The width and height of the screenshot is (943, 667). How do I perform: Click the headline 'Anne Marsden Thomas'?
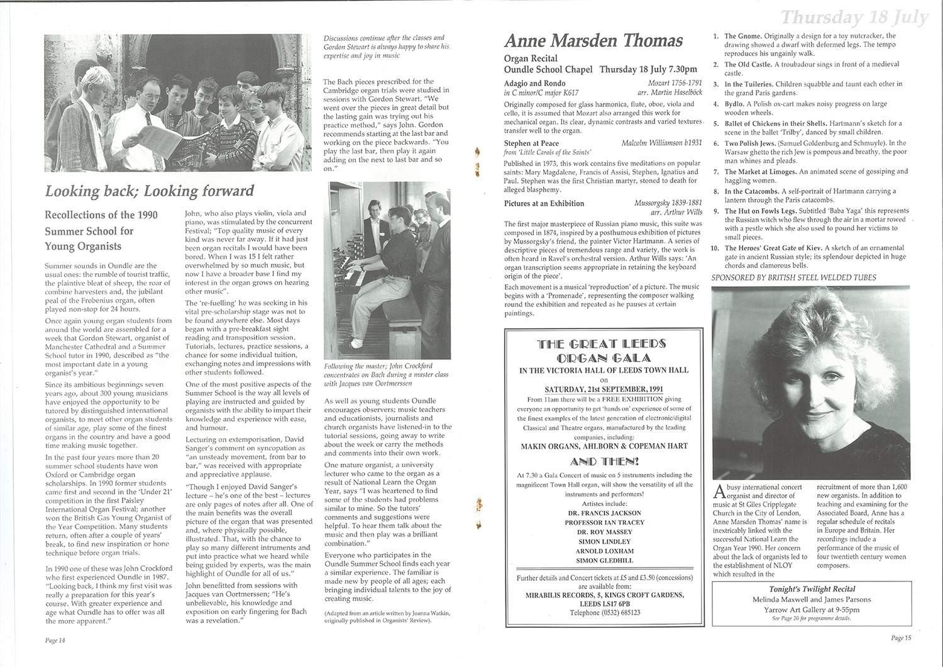pyautogui.click(x=593, y=42)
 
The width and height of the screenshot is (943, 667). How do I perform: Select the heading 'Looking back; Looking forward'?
pyautogui.click(x=149, y=191)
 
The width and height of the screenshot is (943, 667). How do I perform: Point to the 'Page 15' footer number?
pyautogui.click(x=901, y=638)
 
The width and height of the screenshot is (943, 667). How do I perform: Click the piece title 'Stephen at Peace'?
pyautogui.click(x=531, y=144)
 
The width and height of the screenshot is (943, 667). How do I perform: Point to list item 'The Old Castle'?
pyautogui.click(x=747, y=64)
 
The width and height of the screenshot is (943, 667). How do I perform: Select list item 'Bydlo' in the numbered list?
pyautogui.click(x=734, y=104)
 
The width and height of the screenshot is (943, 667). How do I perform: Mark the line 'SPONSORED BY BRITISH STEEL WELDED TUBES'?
pyautogui.click(x=793, y=277)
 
